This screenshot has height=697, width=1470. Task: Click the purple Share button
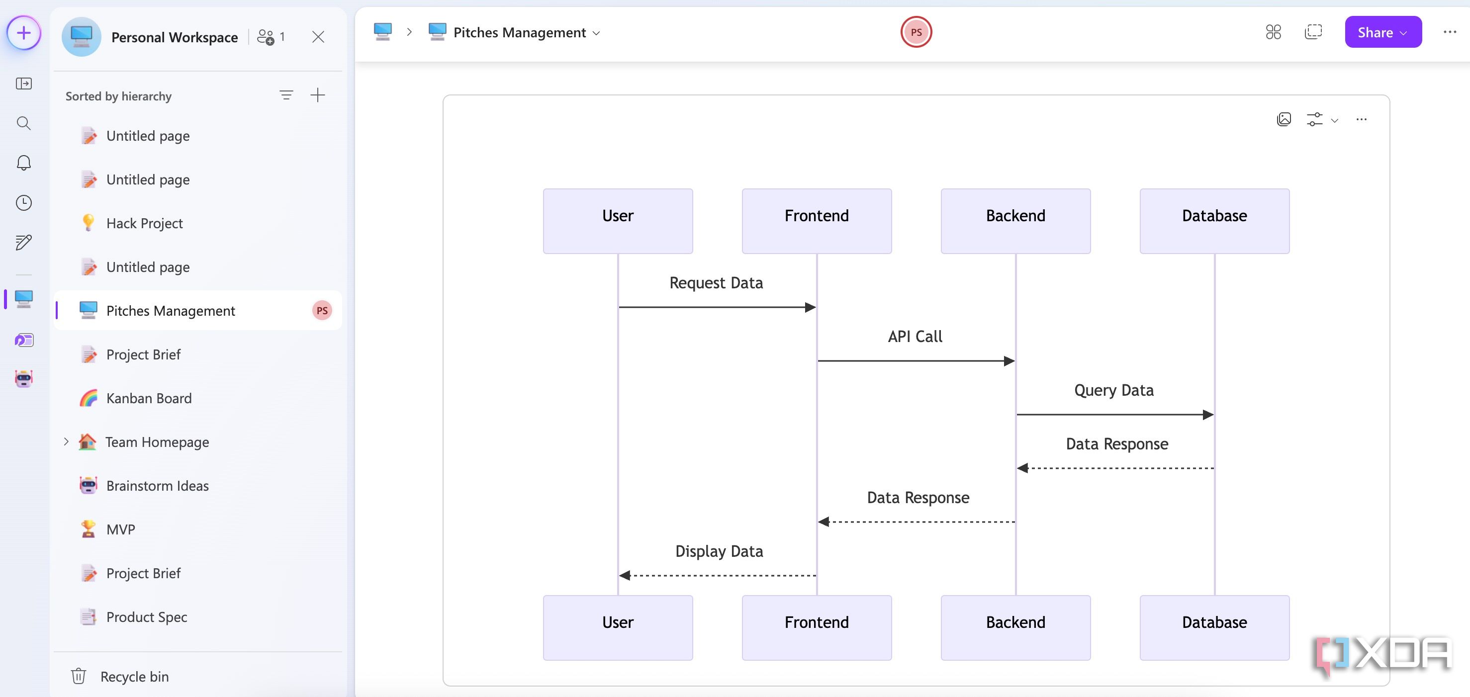tap(1382, 32)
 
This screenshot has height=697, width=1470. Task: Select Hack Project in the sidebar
tap(144, 223)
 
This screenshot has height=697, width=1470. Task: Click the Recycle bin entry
tap(134, 677)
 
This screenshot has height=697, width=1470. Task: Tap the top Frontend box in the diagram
tap(816, 221)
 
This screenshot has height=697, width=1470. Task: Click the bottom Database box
tap(1214, 627)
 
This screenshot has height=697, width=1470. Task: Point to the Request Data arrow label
tap(716, 283)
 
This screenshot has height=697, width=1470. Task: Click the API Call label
tap(915, 337)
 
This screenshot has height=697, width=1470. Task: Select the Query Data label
tap(1113, 390)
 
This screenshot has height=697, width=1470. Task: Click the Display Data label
tap(719, 551)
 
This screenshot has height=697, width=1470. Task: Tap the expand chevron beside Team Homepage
tap(66, 441)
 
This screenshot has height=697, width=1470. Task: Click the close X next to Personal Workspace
tap(318, 37)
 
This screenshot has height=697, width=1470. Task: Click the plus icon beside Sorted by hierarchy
tap(317, 95)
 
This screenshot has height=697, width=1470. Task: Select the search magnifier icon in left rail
tap(23, 123)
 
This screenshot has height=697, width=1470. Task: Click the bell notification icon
tap(23, 163)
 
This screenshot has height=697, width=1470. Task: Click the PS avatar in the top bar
tap(916, 32)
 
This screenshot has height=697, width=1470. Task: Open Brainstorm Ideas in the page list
tap(157, 485)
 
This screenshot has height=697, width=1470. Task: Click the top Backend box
tap(1015, 221)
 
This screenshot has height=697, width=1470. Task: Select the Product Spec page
tap(147, 616)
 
